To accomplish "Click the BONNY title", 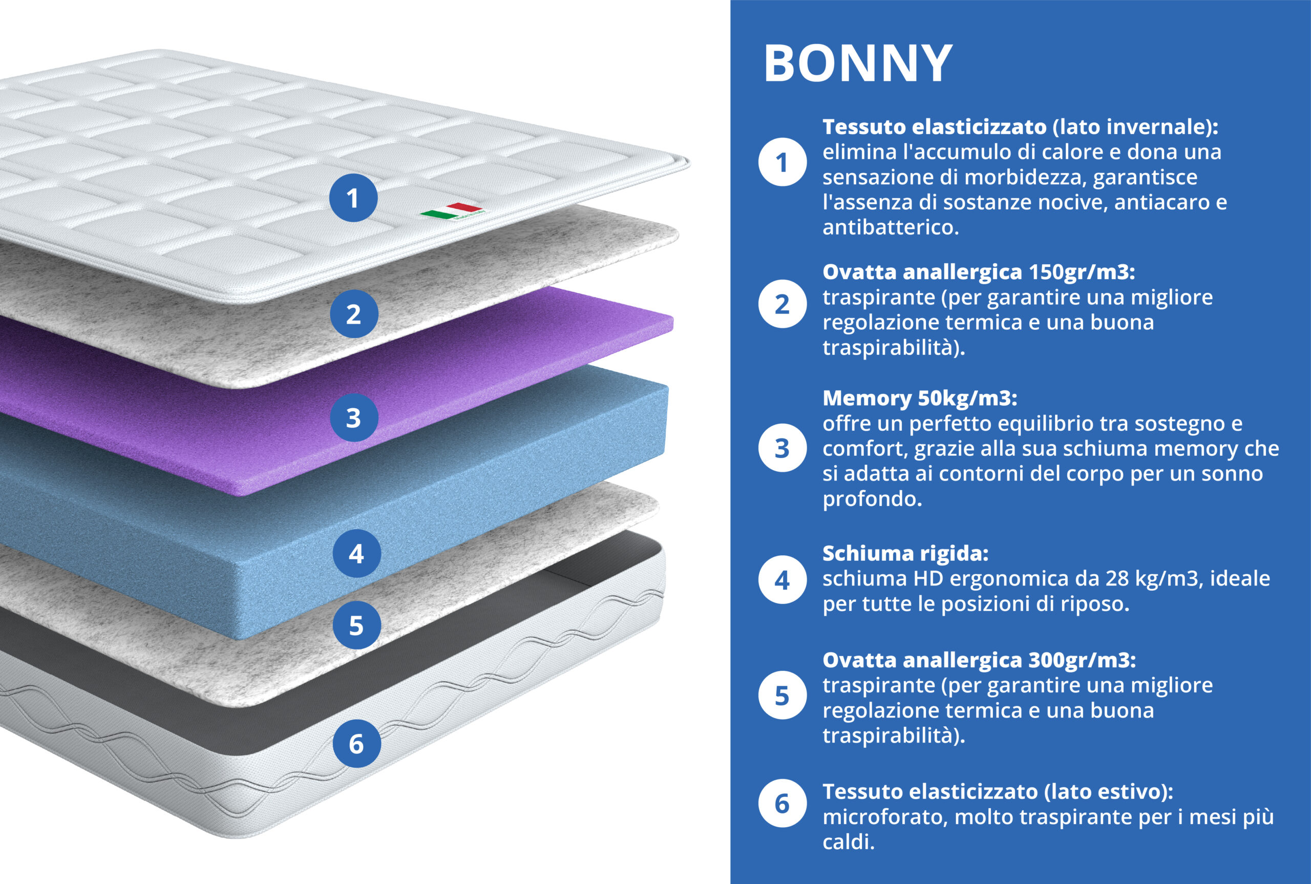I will pos(857,64).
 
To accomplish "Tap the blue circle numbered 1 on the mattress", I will pos(353,198).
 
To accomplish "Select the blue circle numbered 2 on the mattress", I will pos(353,314).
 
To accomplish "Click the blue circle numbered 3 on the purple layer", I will pos(353,418).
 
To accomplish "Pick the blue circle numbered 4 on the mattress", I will pos(356,554).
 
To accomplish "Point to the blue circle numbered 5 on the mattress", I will pos(356,625).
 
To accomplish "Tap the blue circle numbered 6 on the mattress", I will pos(356,744).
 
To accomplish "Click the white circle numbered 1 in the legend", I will pos(782,162).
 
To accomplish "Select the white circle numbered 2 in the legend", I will pos(782,304).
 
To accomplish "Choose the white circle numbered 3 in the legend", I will pos(782,448).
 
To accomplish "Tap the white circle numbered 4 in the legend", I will pos(782,580).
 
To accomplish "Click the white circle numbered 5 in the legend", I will pos(782,696).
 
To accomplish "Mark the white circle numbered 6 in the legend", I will pos(782,804).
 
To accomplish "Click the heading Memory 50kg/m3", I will pos(920,398).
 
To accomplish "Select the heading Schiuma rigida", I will pos(905,553).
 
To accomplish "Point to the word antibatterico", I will pos(891,227).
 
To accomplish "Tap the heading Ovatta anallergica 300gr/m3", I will pos(979,660).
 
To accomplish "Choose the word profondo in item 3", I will pos(872,498).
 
